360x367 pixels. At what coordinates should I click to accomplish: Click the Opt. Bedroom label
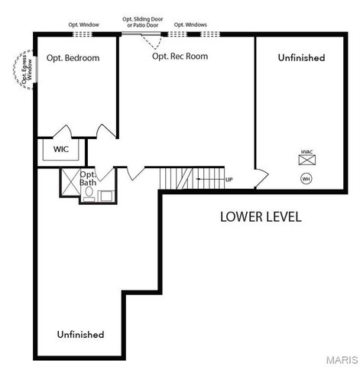pos(73,58)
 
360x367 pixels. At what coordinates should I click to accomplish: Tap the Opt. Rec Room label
pos(180,56)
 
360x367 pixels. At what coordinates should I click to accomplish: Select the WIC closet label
pos(61,149)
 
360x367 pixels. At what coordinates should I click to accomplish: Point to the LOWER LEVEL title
pos(261,216)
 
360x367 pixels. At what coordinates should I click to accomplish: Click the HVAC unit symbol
pos(306,161)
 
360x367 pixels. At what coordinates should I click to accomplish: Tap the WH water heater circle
pos(306,179)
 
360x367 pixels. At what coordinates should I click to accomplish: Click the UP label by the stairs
pos(229,180)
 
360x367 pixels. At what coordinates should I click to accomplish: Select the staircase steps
pos(177,178)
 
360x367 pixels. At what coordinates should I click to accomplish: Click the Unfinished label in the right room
pos(301,58)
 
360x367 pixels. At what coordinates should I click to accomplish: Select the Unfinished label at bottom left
pos(81,335)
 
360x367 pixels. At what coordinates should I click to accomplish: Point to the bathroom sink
pos(105,195)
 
